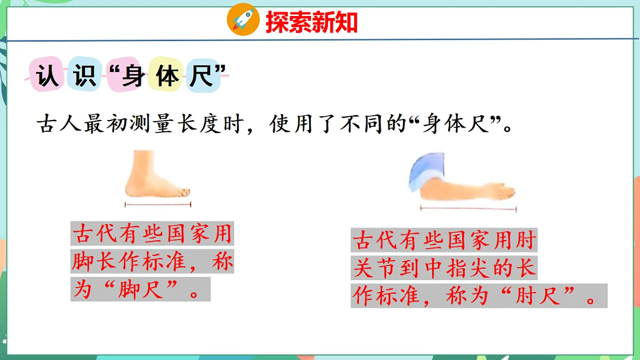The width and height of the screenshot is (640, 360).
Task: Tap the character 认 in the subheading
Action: pyautogui.click(x=46, y=76)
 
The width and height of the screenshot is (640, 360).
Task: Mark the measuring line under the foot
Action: pyautogui.click(x=158, y=204)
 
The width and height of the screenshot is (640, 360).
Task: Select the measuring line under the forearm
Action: pyautogui.click(x=468, y=209)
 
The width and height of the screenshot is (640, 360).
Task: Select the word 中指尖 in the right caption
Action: pyautogui.click(x=466, y=268)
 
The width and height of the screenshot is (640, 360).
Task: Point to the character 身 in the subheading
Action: pyautogui.click(x=133, y=76)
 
